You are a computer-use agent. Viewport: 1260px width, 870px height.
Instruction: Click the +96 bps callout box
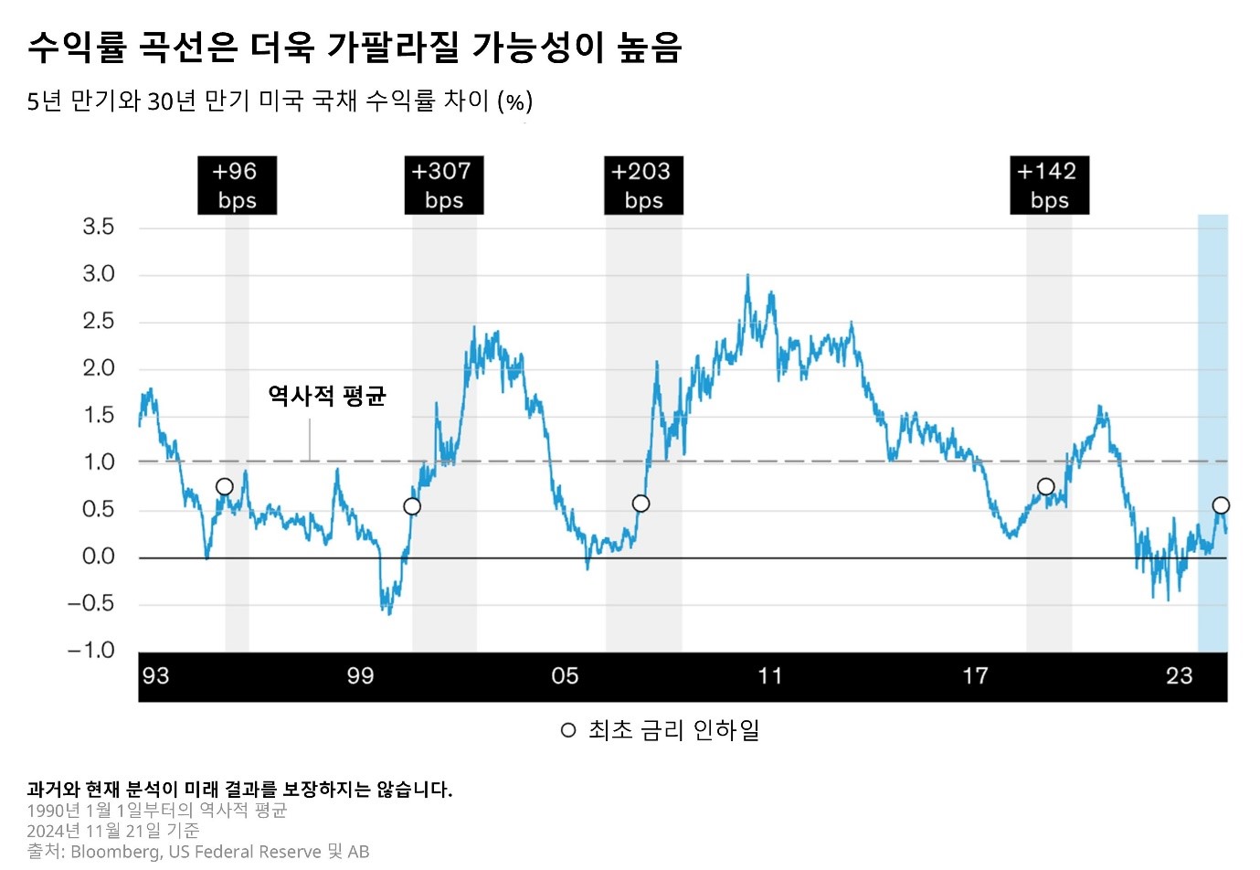237,186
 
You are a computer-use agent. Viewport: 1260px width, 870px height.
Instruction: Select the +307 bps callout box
443,186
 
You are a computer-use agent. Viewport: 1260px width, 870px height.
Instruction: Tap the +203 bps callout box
643,186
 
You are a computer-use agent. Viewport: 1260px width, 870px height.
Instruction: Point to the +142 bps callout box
1049,186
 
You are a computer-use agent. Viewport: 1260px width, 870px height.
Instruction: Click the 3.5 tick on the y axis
99,227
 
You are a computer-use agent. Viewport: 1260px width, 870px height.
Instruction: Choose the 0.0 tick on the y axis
99,557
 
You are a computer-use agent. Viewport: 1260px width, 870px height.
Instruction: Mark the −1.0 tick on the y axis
91,651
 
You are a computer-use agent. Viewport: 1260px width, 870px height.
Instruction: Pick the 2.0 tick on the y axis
99,368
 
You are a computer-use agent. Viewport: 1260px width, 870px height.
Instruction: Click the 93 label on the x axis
155,676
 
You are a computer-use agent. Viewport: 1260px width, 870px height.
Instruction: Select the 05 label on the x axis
565,676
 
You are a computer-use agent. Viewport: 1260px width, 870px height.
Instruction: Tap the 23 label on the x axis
1179,676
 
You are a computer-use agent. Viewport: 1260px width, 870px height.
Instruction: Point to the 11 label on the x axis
770,676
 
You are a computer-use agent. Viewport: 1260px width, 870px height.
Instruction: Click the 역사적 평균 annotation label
327,396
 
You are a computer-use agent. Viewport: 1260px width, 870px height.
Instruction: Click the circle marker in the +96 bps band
225,487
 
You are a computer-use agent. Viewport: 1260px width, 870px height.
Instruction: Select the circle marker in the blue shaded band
1221,505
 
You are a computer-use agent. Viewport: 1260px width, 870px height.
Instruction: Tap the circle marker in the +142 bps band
1046,487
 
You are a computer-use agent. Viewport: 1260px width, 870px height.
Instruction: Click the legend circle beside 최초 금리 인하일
568,730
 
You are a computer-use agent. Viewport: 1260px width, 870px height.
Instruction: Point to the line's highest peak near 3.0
747,275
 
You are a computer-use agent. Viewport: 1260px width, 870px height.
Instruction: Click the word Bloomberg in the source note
114,852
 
